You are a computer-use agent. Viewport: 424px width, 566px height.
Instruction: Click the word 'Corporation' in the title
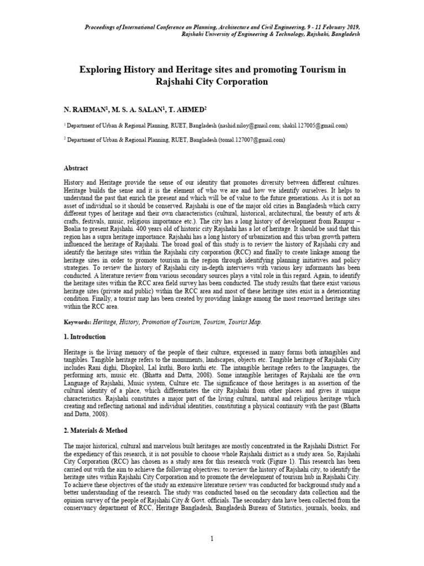pyautogui.click(x=240, y=82)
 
